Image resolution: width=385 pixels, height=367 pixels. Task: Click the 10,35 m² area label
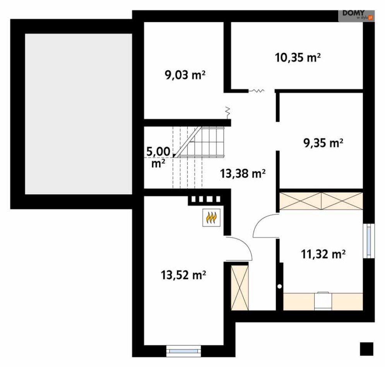point(298,58)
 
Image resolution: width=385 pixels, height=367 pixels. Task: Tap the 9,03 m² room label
point(185,75)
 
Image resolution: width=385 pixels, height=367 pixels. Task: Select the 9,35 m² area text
point(323,143)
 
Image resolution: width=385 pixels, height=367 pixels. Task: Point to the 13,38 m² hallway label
point(243,173)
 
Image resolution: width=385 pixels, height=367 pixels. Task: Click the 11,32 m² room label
point(323,254)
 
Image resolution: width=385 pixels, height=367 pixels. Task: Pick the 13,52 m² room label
point(183,275)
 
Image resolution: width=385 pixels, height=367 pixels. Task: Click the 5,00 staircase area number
point(158,151)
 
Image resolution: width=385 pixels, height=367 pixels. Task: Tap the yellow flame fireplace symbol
point(211,218)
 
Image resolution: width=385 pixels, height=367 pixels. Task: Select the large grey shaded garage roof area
point(79,114)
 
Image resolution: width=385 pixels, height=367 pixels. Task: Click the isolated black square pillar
point(366,349)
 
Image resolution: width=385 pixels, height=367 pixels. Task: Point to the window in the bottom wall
point(183,351)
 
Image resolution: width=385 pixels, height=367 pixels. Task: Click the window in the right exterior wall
point(369,241)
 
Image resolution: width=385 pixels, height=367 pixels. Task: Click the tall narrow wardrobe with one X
point(240,288)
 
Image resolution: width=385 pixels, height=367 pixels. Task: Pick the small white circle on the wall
point(279,286)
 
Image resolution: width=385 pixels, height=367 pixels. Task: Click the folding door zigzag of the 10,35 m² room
point(256,91)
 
